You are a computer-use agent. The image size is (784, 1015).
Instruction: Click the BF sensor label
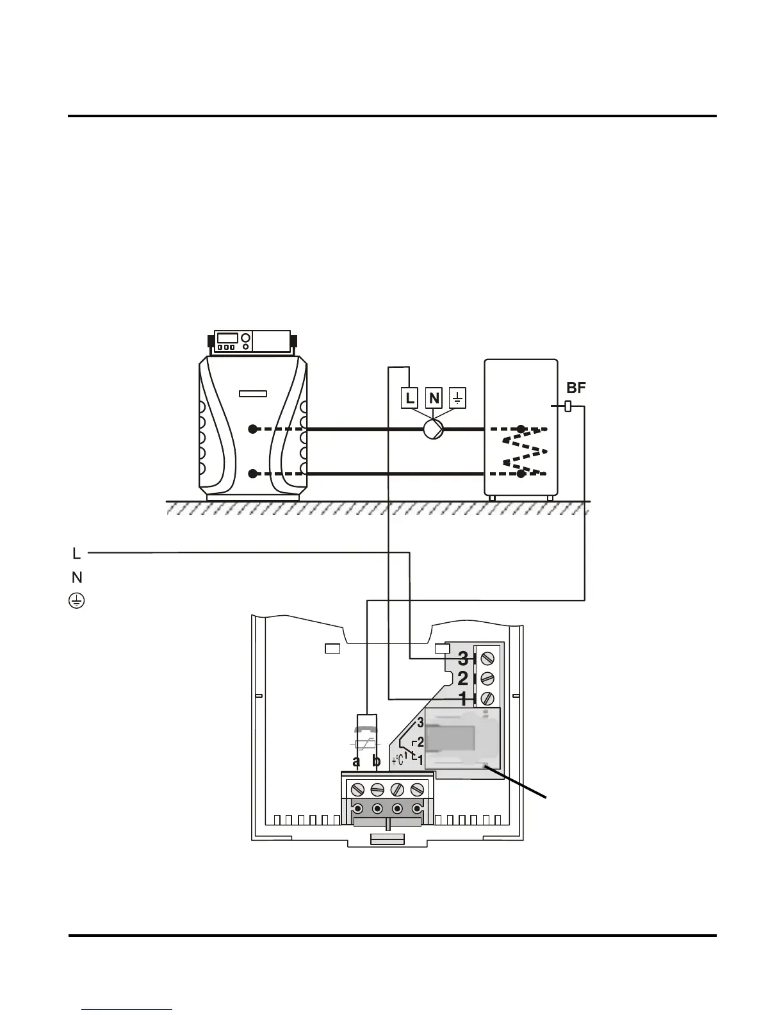click(576, 387)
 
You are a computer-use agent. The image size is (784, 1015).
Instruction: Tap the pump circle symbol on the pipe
click(434, 429)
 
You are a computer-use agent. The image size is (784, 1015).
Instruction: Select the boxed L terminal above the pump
click(410, 399)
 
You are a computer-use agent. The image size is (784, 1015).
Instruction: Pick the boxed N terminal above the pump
click(434, 399)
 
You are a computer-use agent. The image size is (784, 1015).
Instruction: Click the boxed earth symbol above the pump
click(458, 399)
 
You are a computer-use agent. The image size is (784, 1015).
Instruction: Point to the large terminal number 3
click(463, 658)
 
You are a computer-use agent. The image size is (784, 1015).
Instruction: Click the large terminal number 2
click(463, 678)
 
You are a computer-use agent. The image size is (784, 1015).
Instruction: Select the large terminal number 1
click(463, 698)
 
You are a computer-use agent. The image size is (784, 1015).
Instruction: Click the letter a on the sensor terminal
click(357, 762)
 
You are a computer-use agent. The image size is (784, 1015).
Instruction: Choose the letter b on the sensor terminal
click(377, 762)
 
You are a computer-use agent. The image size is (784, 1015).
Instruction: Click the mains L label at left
click(76, 552)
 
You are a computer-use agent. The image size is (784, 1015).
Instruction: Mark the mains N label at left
click(77, 577)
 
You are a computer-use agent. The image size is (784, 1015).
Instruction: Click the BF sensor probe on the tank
click(568, 406)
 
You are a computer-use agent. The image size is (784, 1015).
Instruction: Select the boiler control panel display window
click(227, 338)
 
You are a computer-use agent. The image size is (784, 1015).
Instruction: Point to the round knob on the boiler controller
click(245, 338)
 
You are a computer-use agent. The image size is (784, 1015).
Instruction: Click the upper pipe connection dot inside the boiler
click(253, 429)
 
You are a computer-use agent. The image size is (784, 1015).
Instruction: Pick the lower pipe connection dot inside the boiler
click(253, 474)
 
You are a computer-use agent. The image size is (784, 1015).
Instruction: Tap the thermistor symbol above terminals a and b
click(366, 745)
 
